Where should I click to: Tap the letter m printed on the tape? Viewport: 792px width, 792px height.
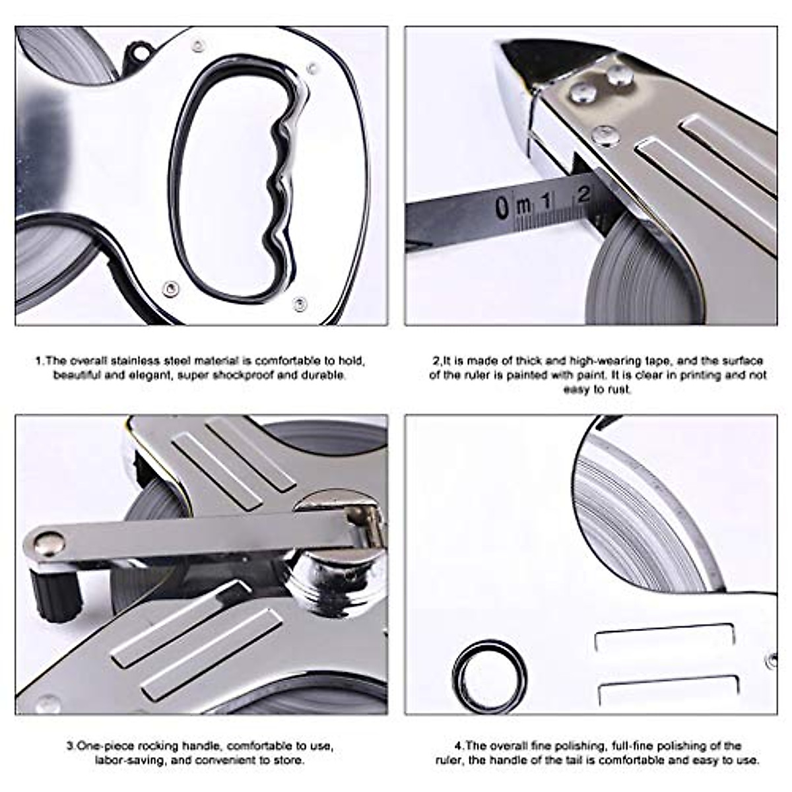pos(523,206)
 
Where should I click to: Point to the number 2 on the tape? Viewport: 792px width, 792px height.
pos(583,194)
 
